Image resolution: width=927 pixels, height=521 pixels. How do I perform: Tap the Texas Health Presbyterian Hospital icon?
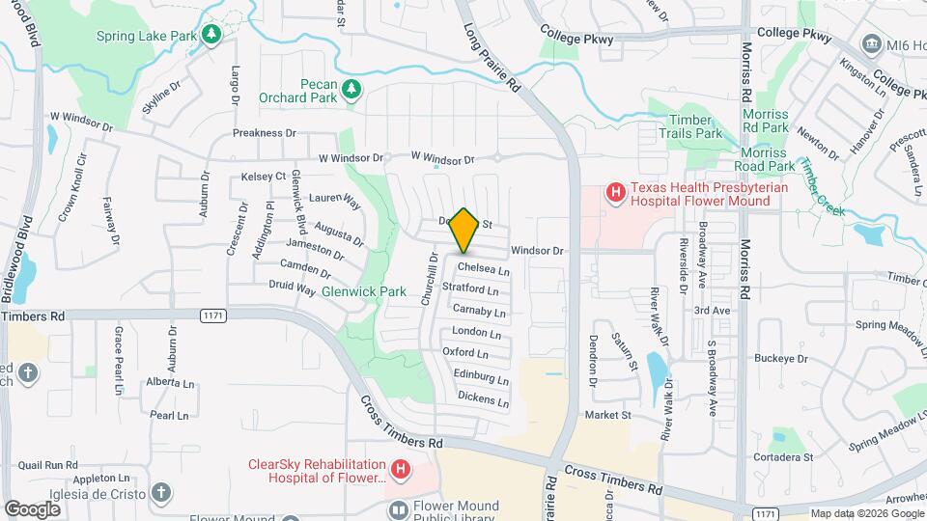614,194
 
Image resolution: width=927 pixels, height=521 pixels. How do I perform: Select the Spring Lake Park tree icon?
211,36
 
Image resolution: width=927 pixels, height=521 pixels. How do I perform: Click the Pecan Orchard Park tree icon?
353,90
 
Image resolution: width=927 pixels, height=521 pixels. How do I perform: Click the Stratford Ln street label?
470,289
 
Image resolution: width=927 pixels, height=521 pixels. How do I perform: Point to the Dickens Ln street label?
482,398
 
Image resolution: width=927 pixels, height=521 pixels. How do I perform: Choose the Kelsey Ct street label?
264,177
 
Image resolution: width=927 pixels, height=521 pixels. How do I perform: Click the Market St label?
607,415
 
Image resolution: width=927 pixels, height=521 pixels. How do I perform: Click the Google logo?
32,508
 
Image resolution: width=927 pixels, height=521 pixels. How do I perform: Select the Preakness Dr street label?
264,133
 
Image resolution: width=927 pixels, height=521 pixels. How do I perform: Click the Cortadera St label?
781,456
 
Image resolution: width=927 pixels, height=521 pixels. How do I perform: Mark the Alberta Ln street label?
170,382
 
